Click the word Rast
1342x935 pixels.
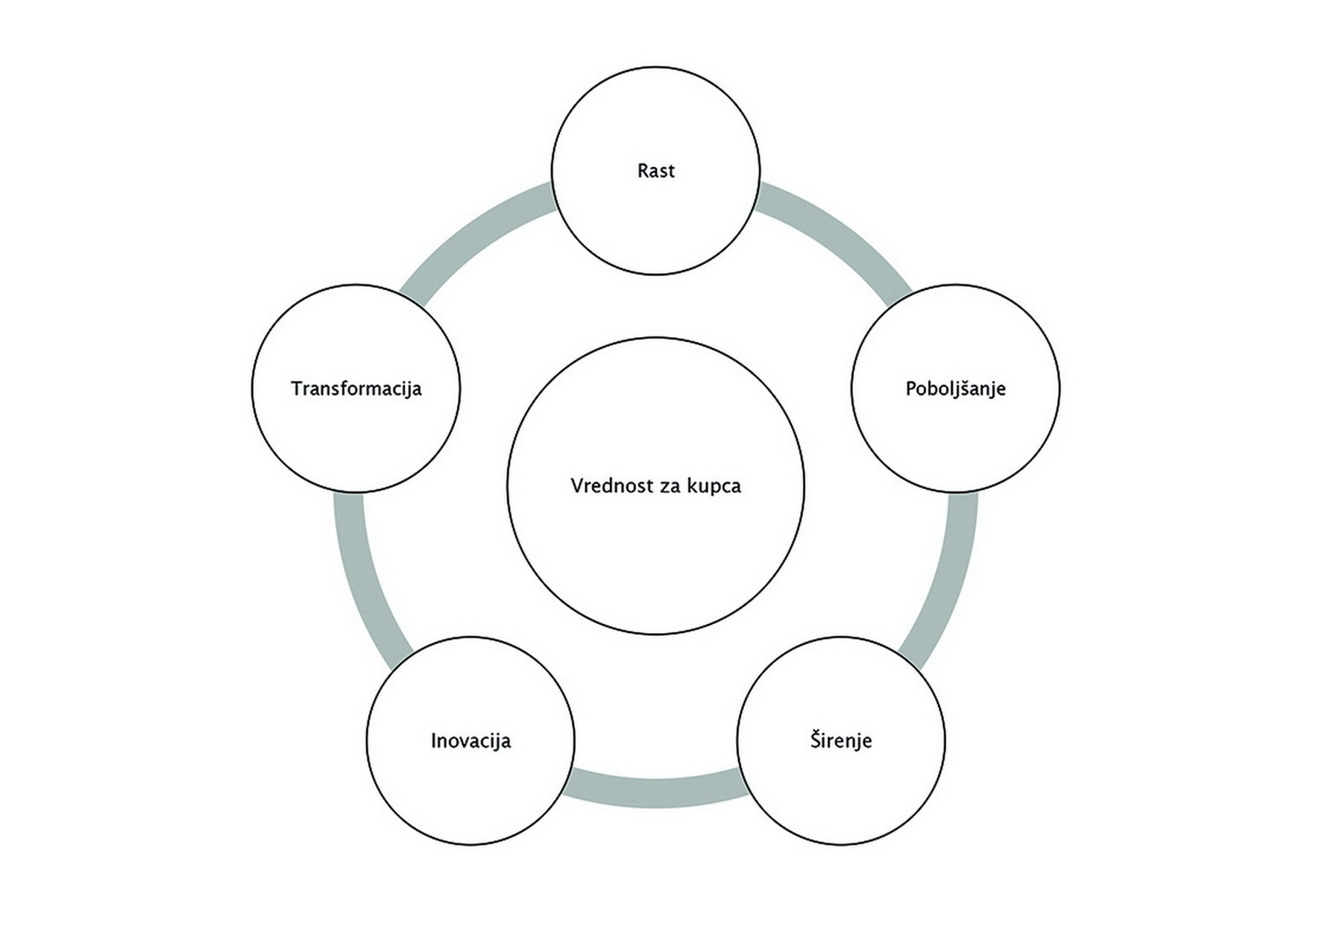point(656,171)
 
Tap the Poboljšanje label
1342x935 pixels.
point(956,388)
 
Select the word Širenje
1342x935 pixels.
point(841,740)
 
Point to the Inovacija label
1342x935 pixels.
point(470,740)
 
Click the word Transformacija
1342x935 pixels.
point(356,388)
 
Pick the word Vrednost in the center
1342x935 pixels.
point(602,486)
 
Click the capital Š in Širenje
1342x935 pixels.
point(816,740)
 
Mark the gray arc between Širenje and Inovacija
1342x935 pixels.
point(656,793)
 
